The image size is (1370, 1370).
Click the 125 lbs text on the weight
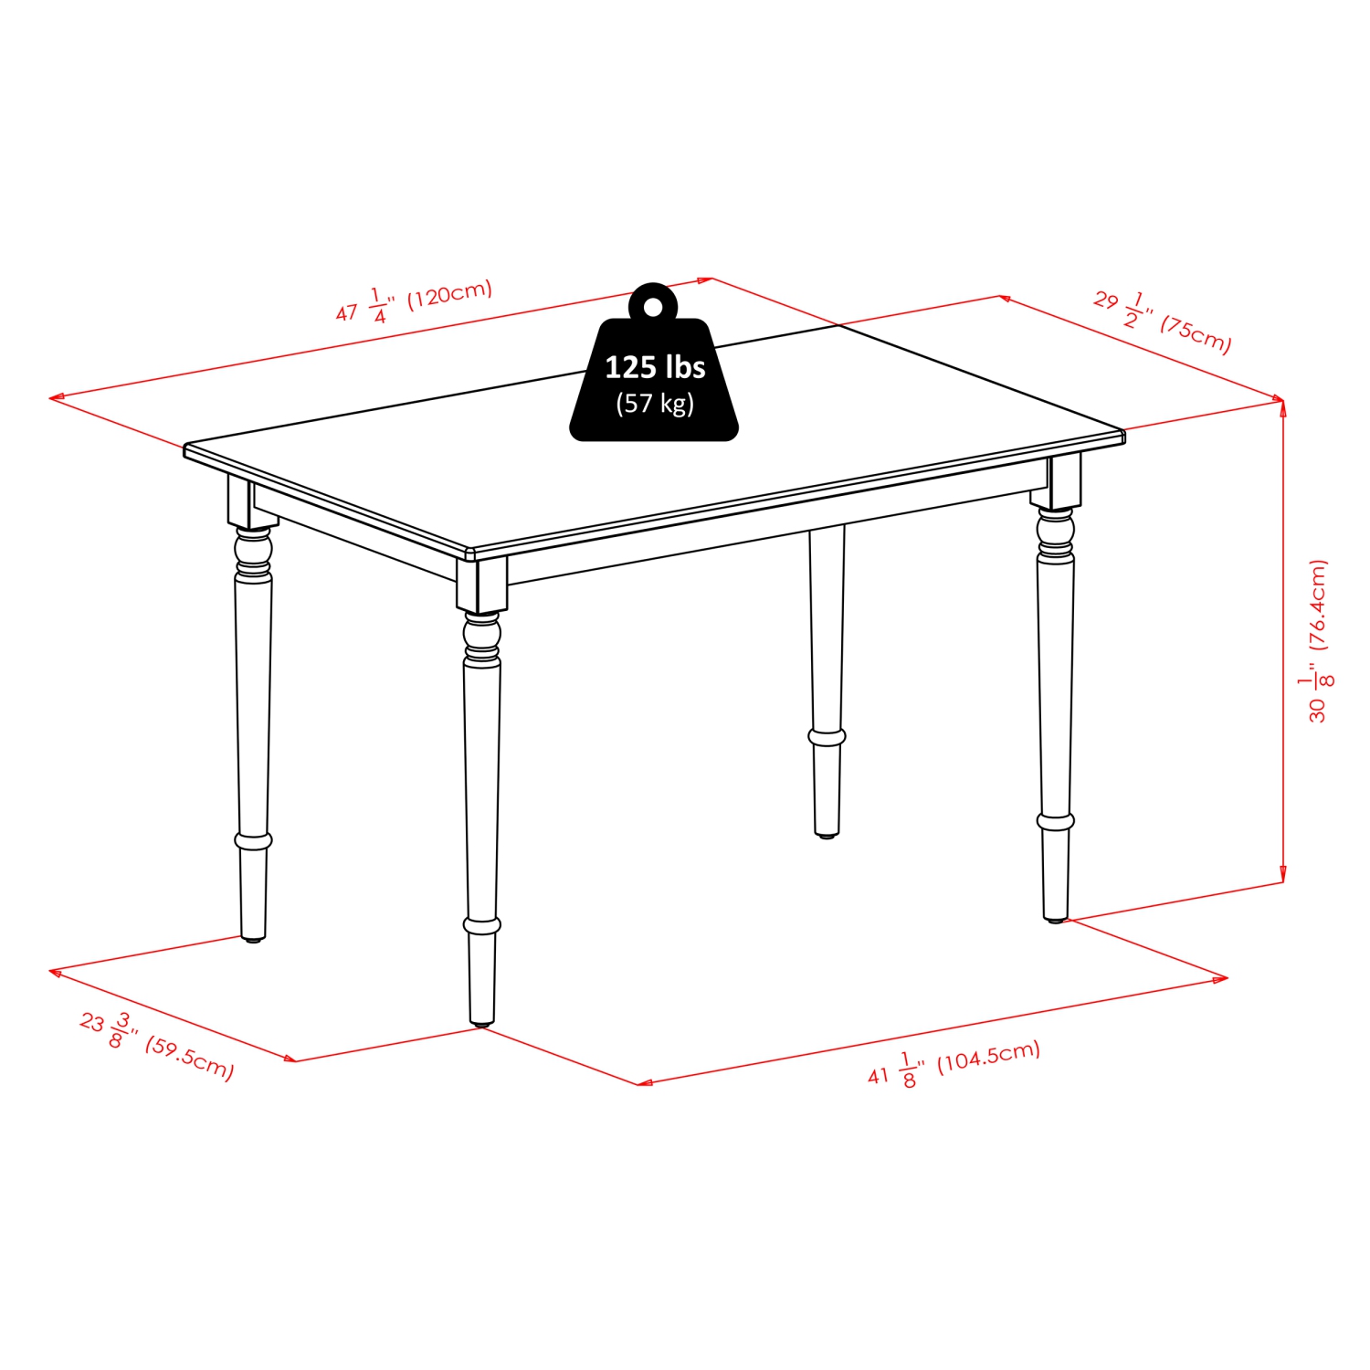655,367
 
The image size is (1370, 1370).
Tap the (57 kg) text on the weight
655,403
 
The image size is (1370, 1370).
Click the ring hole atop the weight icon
652,307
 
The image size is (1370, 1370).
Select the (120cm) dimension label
449,294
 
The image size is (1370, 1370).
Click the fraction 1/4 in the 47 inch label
377,305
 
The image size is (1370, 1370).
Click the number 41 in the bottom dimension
878,1075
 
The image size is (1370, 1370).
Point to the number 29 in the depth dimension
1106,300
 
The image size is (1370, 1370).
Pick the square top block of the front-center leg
481,585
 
